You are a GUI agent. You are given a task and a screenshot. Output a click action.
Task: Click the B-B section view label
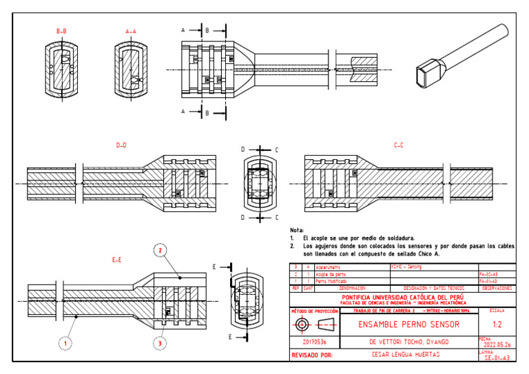click(x=61, y=32)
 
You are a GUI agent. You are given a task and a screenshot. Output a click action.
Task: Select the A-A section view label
click(x=131, y=32)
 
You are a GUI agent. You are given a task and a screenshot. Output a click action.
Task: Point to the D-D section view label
click(x=122, y=145)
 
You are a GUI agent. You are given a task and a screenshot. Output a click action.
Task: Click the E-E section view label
click(x=116, y=260)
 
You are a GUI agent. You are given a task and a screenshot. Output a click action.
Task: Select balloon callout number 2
click(x=160, y=251)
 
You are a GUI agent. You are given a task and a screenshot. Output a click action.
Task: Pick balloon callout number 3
click(x=160, y=342)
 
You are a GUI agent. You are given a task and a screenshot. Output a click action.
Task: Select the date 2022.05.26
click(x=497, y=344)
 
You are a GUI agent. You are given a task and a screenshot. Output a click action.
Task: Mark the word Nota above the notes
click(x=297, y=229)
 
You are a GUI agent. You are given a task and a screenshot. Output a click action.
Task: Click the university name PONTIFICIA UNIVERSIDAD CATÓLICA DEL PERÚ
click(x=408, y=297)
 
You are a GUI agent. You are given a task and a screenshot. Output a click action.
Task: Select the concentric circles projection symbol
click(x=302, y=324)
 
